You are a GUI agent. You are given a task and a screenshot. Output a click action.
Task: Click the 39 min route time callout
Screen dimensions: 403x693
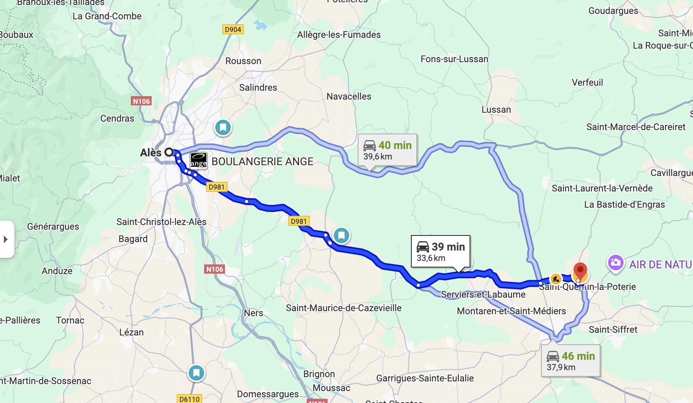pyautogui.click(x=440, y=251)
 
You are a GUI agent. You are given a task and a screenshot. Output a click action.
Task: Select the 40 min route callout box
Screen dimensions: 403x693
pyautogui.click(x=387, y=150)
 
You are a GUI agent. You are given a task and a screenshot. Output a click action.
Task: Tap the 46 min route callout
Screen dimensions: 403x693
pyautogui.click(x=570, y=361)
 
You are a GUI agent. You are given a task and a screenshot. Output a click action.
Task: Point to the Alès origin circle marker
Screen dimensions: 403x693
pyautogui.click(x=169, y=152)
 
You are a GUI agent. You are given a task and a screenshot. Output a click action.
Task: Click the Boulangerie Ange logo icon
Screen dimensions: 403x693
pyautogui.click(x=199, y=161)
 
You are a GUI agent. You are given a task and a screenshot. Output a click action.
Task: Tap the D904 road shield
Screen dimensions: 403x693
pyautogui.click(x=233, y=29)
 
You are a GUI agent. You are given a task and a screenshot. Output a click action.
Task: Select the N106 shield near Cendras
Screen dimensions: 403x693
pyautogui.click(x=141, y=101)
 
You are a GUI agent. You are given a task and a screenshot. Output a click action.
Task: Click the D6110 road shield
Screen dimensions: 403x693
pyautogui.click(x=189, y=399)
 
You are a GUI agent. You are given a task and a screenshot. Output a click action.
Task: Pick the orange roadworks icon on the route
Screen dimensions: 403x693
pyautogui.click(x=555, y=278)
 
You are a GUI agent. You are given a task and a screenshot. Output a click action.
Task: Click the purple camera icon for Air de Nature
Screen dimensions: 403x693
pyautogui.click(x=615, y=263)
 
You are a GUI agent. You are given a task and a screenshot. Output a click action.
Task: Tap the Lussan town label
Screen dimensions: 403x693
pyautogui.click(x=496, y=110)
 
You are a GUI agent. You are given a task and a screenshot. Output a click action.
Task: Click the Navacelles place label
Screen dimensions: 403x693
pyautogui.click(x=349, y=97)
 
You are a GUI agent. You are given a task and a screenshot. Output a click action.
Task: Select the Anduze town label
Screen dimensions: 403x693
pyautogui.click(x=57, y=271)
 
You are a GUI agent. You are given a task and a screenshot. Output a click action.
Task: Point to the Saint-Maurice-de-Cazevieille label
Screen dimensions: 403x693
pyautogui.click(x=343, y=308)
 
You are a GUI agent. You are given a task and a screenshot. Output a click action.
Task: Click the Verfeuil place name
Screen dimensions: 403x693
pyautogui.click(x=587, y=83)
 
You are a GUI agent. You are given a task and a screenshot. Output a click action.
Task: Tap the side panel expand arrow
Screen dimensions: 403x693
pyautogui.click(x=6, y=239)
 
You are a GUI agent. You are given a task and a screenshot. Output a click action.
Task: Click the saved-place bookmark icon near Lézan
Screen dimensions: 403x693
pyautogui.click(x=196, y=373)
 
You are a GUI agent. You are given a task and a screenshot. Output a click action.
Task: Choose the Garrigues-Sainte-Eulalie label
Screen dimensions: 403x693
pyautogui.click(x=425, y=378)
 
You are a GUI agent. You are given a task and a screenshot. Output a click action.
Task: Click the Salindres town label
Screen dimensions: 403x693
pyautogui.click(x=258, y=88)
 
